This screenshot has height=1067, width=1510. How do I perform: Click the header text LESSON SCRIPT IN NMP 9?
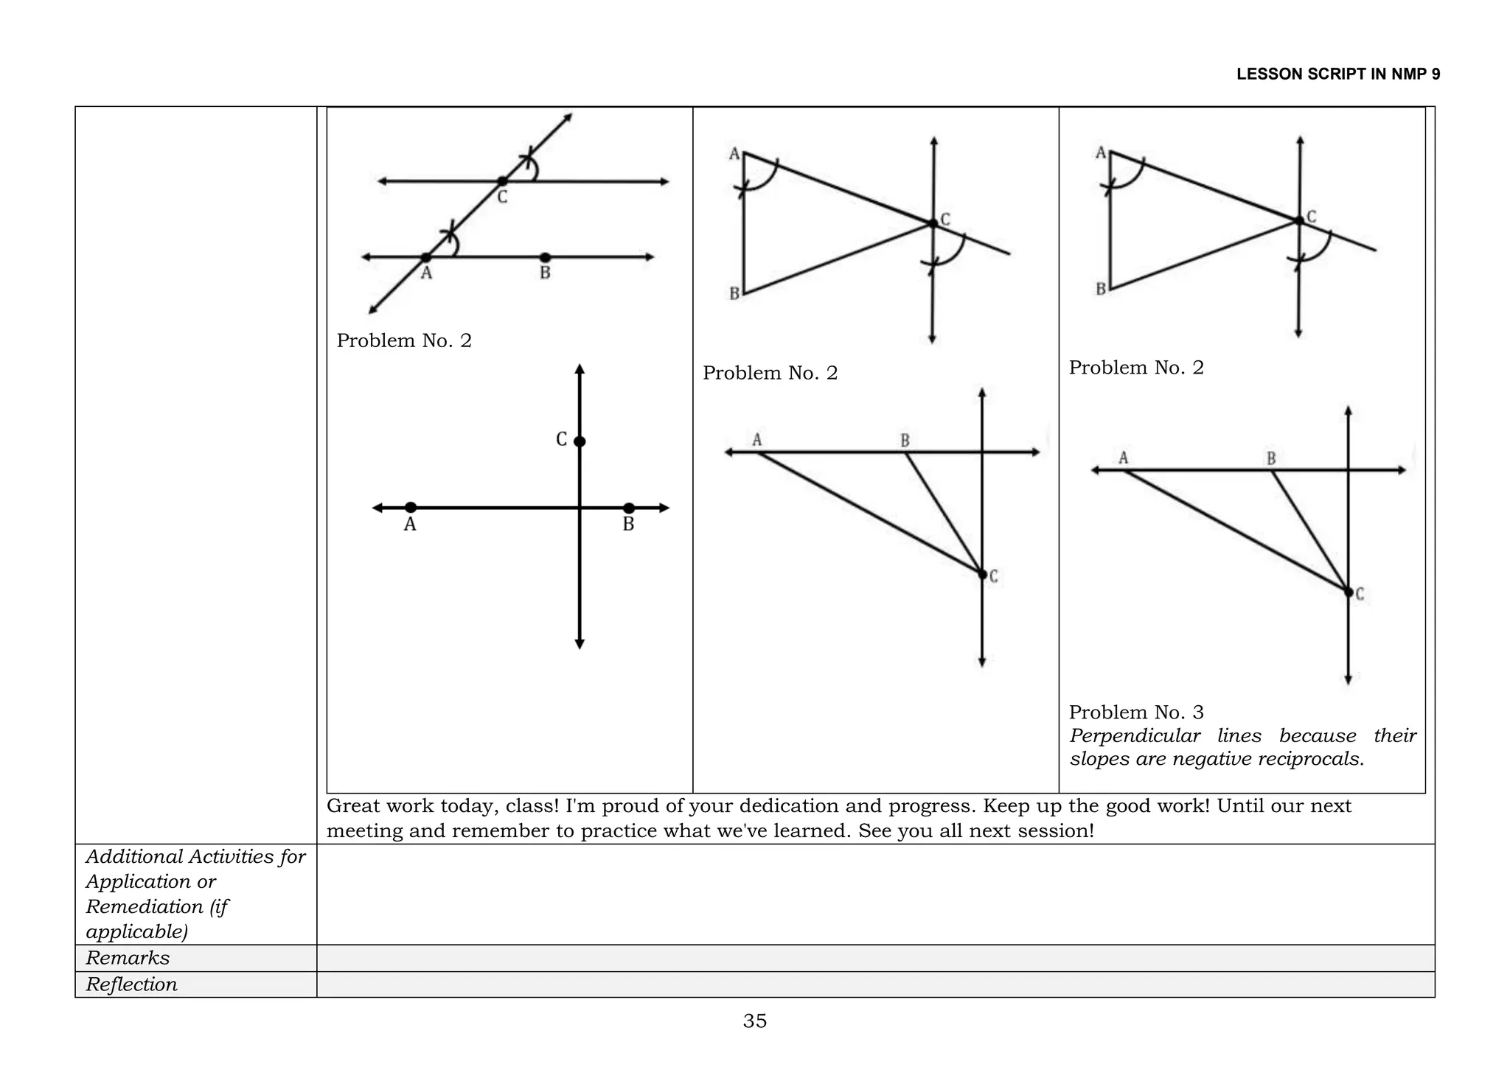pos(1337,74)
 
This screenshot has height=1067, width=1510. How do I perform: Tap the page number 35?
pos(755,1021)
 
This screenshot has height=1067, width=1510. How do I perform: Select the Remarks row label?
pos(128,958)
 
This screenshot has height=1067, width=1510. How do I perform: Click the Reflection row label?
pos(131,984)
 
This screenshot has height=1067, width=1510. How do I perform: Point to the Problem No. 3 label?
pos(1136,712)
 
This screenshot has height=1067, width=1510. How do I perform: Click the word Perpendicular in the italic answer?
pos(1135,735)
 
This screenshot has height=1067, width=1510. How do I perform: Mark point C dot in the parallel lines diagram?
pos(502,181)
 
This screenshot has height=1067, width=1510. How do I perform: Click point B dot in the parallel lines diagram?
pos(545,257)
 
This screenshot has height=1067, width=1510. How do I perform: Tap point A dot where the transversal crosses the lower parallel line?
pos(426,257)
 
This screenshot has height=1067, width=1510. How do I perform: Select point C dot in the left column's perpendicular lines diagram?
pos(580,441)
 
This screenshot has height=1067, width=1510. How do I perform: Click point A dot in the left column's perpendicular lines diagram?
pos(411,507)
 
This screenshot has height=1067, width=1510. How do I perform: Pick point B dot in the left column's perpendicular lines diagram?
pos(628,508)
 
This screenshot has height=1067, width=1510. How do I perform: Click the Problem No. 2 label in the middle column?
pos(770,373)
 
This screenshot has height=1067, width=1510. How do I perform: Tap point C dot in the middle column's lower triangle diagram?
pos(982,574)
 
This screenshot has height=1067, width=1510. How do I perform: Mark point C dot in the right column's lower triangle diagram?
pos(1349,592)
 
